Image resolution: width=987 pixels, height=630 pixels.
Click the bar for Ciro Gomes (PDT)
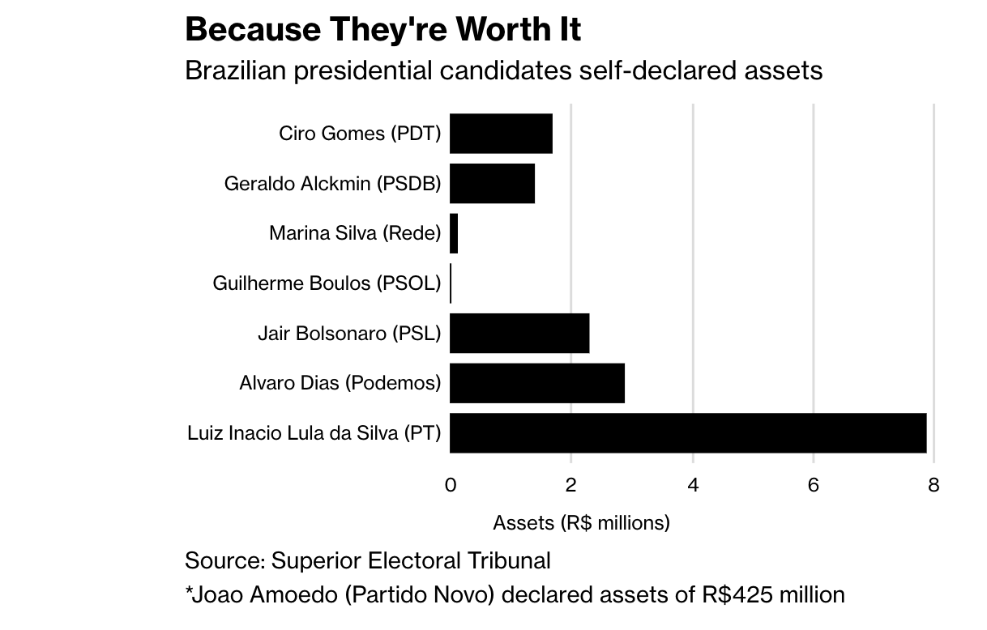click(x=501, y=134)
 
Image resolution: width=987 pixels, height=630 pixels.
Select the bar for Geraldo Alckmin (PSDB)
click(x=492, y=184)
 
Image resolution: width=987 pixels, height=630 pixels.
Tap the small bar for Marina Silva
click(x=454, y=233)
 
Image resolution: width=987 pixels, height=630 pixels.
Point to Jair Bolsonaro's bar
click(x=519, y=333)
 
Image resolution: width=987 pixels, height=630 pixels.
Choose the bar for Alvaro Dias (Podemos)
click(x=537, y=383)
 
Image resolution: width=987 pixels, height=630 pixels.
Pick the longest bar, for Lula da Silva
click(x=688, y=432)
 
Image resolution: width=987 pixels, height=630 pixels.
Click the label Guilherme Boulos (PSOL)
click(x=327, y=283)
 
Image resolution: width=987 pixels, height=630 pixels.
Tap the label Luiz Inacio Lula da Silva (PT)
click(x=314, y=433)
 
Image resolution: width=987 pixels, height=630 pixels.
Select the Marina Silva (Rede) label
click(x=355, y=234)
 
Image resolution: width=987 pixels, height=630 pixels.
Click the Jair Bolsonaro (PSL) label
click(x=349, y=333)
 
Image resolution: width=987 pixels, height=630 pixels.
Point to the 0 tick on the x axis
click(x=451, y=485)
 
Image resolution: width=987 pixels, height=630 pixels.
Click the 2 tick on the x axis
click(x=571, y=485)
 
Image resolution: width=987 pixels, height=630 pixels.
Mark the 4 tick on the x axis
click(x=693, y=485)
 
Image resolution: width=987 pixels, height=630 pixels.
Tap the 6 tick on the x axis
click(x=814, y=485)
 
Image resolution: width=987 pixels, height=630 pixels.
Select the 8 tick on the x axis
click(x=934, y=485)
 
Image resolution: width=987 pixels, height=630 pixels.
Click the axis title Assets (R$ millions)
click(x=581, y=523)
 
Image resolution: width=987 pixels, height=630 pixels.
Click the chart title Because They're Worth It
click(x=382, y=30)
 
